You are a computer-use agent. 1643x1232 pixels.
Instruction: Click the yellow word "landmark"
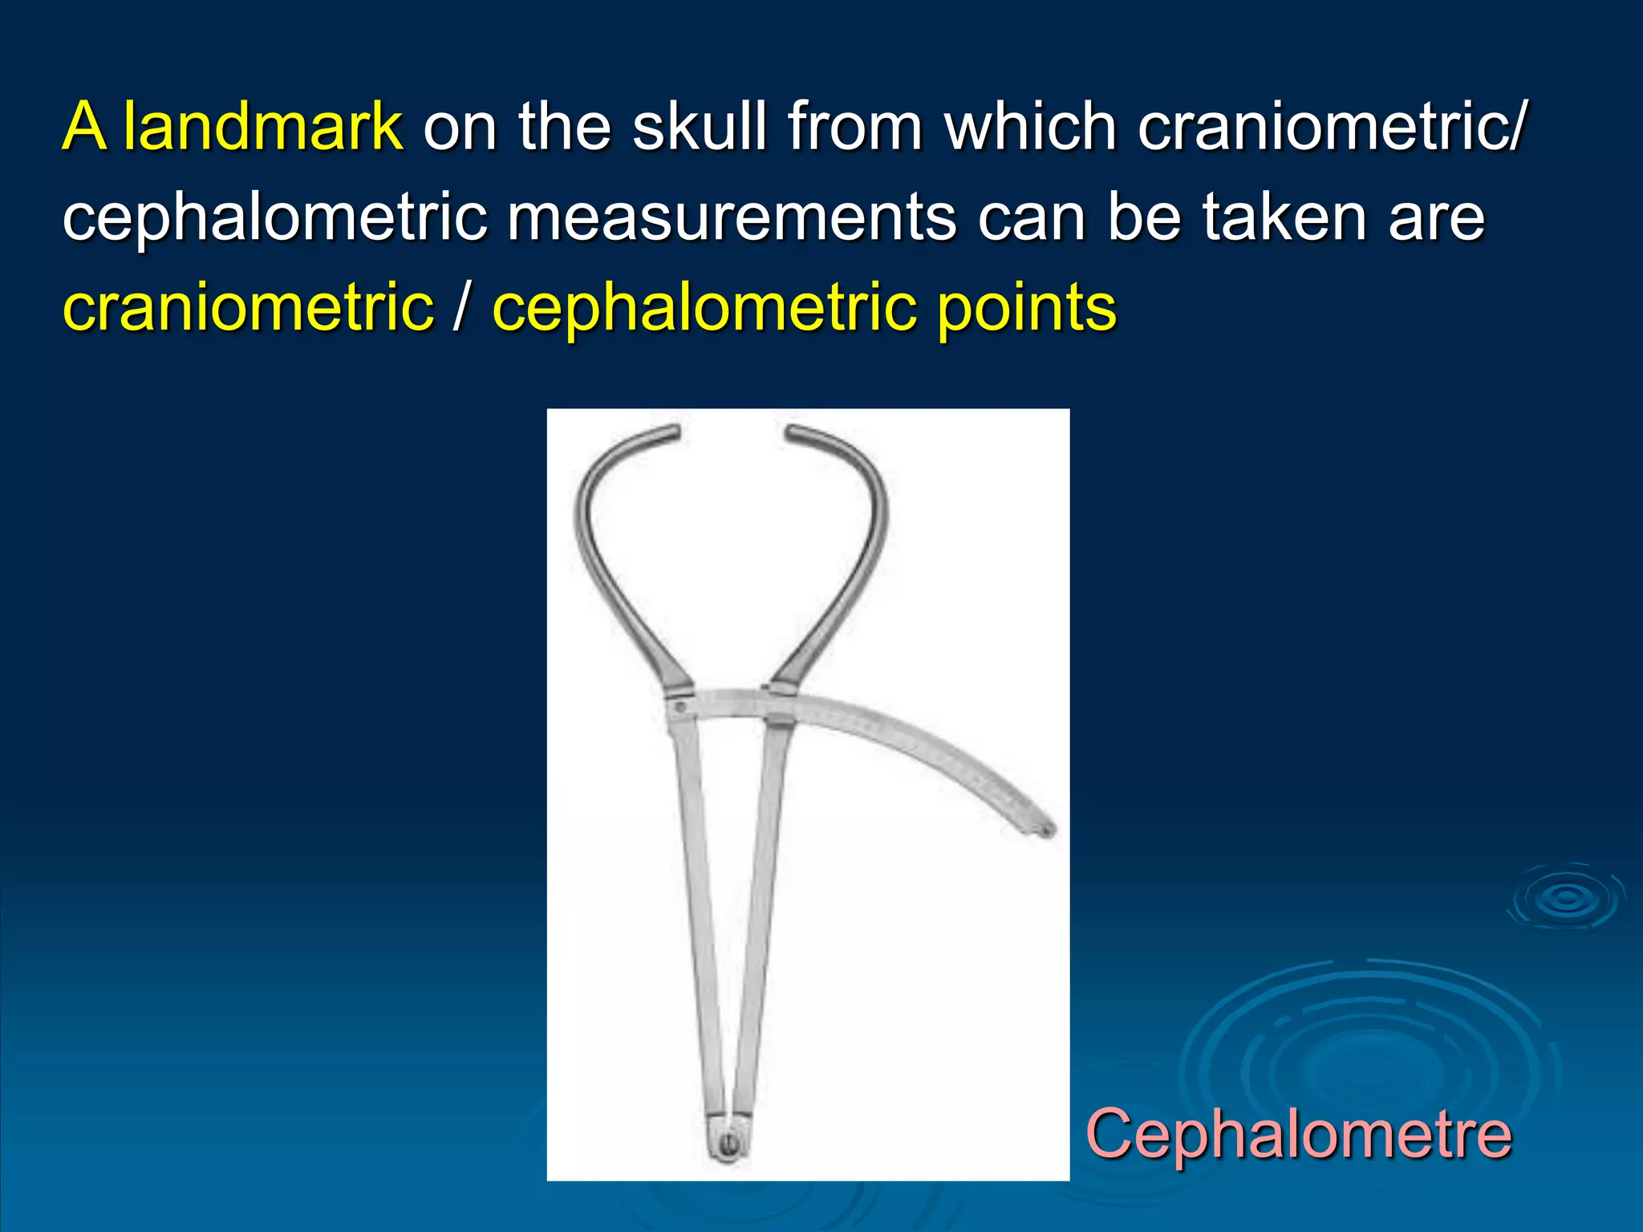pos(262,127)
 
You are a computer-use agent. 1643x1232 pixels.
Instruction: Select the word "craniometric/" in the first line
pos(1332,127)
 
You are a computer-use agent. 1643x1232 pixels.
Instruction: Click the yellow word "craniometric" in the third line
pos(248,309)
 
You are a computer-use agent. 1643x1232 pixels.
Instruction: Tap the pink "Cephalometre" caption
pos(1298,1133)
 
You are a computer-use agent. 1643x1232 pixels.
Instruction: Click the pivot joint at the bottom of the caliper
pos(728,1143)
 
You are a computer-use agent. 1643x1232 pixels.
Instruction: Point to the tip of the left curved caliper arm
pos(676,431)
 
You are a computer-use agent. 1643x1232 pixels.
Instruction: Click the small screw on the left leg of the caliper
pos(680,707)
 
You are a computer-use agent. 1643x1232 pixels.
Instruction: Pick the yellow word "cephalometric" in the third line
pos(704,309)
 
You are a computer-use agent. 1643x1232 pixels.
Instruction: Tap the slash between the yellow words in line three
pos(460,309)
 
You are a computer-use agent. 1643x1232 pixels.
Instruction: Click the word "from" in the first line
pos(854,127)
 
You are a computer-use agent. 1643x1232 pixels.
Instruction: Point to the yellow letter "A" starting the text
pos(84,127)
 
